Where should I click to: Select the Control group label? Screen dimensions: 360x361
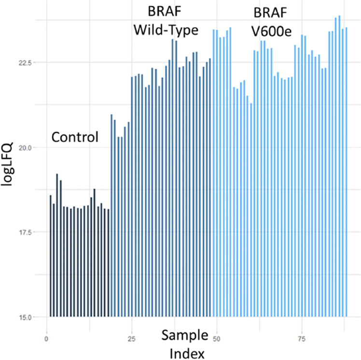[x=75, y=137]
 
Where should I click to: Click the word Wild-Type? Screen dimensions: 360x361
[x=166, y=30]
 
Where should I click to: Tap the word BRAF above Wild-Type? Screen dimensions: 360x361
[x=166, y=12]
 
